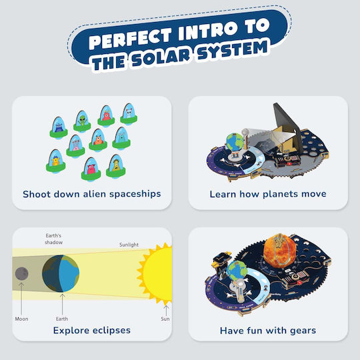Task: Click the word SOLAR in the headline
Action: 161,57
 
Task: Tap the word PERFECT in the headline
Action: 130,39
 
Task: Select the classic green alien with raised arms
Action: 82,121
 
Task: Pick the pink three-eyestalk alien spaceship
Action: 75,146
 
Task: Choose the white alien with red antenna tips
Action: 129,114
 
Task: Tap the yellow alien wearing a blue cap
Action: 56,161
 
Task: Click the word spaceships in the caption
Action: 135,194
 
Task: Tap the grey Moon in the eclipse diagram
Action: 21,274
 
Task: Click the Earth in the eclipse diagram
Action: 61,273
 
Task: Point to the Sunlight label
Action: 129,245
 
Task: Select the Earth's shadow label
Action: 54,239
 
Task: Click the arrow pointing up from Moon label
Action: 21,299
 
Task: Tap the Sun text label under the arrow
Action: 165,319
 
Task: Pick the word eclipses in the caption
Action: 111,331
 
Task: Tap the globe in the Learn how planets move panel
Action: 235,143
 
